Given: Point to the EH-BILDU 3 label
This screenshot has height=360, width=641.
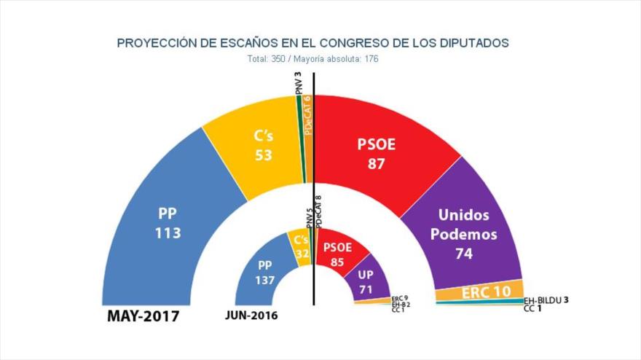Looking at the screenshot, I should pos(546,300).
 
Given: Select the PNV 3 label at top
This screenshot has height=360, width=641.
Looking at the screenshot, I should pos(298,84).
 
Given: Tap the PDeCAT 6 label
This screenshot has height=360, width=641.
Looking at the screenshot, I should pos(309,114).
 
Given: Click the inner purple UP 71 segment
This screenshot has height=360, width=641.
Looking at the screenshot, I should pos(366,281).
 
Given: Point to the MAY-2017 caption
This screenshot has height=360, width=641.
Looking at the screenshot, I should pos(143,316).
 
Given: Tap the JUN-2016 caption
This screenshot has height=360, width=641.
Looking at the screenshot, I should pos(252,316).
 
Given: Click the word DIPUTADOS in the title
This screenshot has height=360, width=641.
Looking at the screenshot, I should pos(473,43).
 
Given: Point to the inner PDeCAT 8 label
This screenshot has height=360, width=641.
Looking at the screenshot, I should pos(318,213).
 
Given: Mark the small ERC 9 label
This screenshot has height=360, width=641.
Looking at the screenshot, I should pos(398,298).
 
